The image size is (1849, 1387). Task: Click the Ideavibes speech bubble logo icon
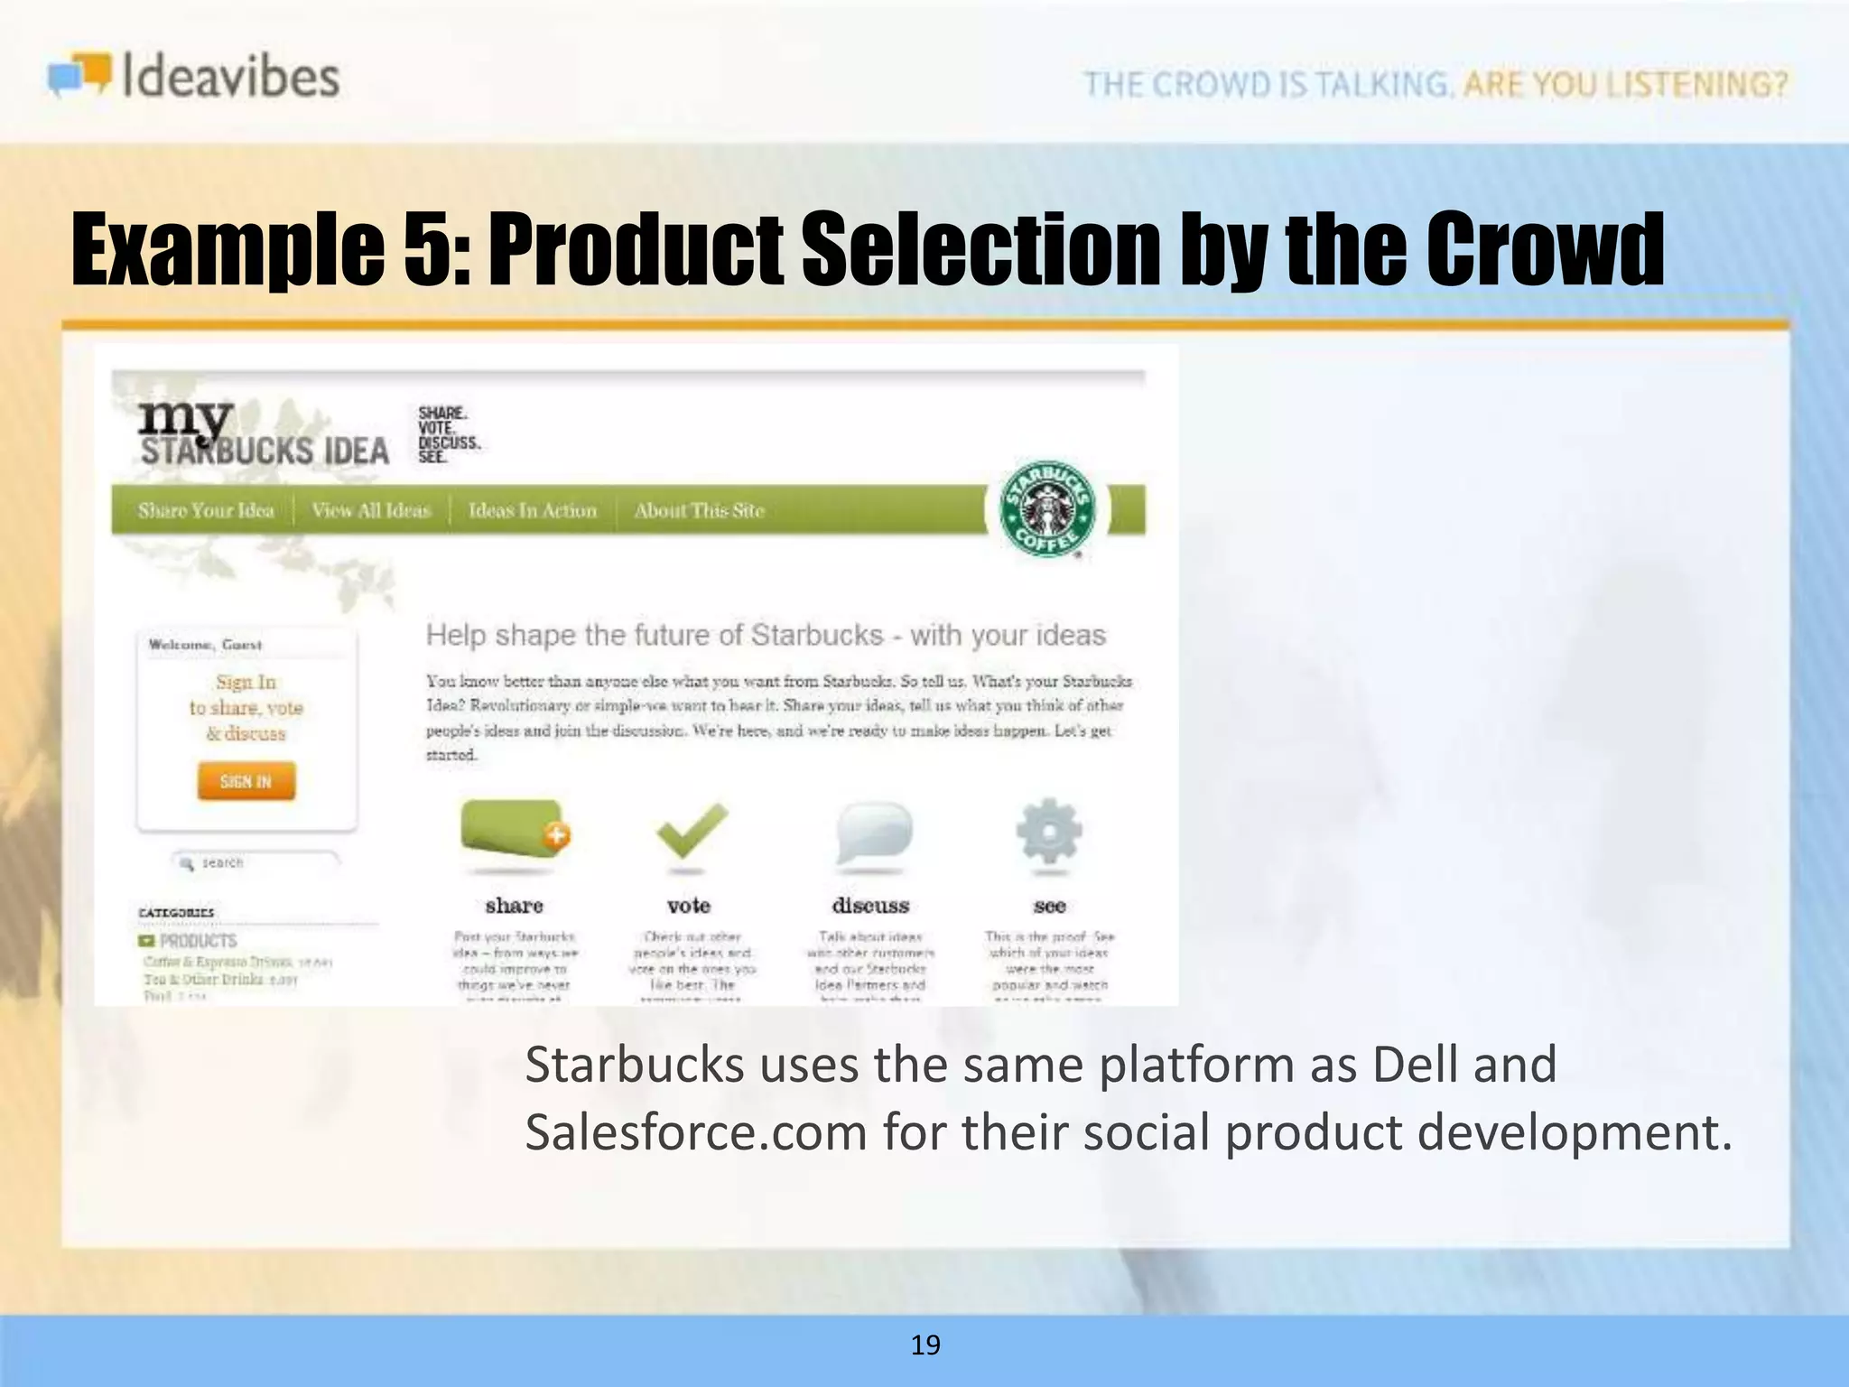[x=80, y=75]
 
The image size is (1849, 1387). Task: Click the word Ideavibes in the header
[x=230, y=76]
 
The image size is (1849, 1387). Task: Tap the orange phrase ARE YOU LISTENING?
[x=1625, y=84]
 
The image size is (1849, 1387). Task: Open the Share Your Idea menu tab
[x=206, y=510]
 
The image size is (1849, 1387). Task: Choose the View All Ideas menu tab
[x=371, y=510]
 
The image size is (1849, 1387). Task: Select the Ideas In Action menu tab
[x=533, y=510]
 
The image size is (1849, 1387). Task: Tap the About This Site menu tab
[x=699, y=510]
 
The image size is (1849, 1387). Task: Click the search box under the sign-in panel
[x=256, y=862]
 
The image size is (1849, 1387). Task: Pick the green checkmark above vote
[x=691, y=830]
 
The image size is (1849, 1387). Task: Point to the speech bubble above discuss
[x=872, y=831]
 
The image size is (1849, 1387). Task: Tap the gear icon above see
[x=1048, y=830]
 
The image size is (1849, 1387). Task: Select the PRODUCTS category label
[x=198, y=941]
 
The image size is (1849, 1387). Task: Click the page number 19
[x=925, y=1345]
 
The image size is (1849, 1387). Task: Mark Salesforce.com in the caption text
[x=696, y=1132]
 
